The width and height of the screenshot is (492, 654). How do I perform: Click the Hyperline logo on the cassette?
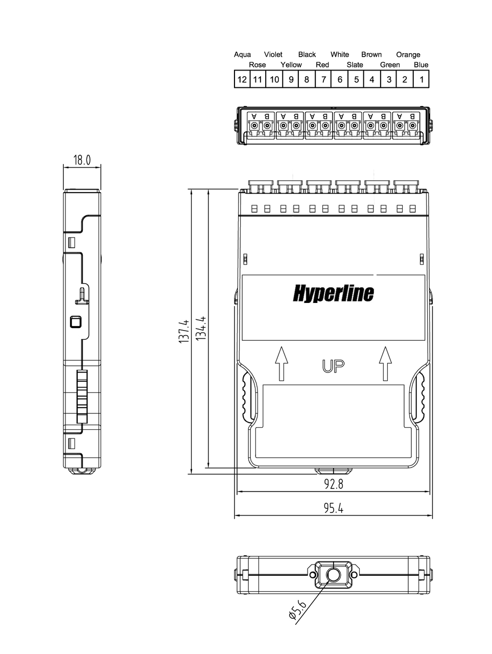(x=333, y=293)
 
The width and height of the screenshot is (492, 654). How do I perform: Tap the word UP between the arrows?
(x=333, y=366)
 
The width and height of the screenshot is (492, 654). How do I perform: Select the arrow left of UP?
(x=281, y=363)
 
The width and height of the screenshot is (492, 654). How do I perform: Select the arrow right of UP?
(x=385, y=363)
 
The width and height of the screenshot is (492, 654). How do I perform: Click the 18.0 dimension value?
(x=82, y=160)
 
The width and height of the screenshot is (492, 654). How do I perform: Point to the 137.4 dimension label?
(x=184, y=331)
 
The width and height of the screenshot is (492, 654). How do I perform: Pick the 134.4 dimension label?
(x=200, y=329)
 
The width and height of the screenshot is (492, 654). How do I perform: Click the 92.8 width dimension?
(x=334, y=484)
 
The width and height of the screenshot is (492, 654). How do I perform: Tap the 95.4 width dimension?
(x=334, y=508)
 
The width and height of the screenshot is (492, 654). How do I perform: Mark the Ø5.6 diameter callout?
(x=297, y=610)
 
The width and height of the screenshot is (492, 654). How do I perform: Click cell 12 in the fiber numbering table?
(x=242, y=79)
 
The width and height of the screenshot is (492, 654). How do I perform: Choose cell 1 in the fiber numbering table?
(x=421, y=79)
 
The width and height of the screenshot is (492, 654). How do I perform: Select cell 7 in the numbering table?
(x=323, y=79)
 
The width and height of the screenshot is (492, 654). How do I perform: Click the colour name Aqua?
(x=242, y=55)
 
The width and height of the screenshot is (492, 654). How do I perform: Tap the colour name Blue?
(x=421, y=65)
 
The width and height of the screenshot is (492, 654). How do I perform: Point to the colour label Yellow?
(x=291, y=65)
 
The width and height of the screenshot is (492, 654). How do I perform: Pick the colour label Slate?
(x=355, y=65)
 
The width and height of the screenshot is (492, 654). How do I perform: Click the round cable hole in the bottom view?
(x=333, y=575)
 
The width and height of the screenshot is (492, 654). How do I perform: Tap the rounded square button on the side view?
(x=75, y=322)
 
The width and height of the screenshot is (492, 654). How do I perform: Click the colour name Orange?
(x=408, y=55)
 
